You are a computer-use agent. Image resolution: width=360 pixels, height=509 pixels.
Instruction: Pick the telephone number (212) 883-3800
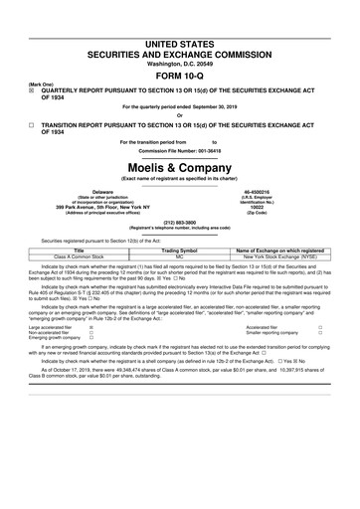click(179, 223)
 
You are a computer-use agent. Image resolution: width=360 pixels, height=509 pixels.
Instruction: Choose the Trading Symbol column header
click(180, 251)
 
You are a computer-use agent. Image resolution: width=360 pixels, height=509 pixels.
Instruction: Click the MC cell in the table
click(180, 257)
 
